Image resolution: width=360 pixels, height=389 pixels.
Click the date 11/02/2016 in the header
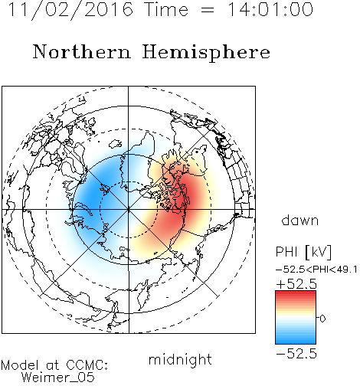(70, 10)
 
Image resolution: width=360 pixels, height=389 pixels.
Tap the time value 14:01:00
(270, 9)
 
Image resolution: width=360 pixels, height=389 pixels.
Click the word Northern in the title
(82, 51)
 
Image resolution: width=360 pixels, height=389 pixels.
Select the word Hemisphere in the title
(206, 53)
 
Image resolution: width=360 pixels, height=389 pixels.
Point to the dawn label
(300, 220)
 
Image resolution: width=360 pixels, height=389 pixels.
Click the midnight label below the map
(180, 360)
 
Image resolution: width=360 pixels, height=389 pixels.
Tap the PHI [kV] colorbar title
(303, 253)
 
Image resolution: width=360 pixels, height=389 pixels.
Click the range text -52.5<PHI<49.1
(316, 270)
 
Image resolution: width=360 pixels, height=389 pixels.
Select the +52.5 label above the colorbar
(296, 284)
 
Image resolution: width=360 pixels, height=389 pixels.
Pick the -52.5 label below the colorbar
(296, 354)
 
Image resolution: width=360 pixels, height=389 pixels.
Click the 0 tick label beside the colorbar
(322, 319)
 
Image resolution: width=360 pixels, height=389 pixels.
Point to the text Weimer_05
(58, 378)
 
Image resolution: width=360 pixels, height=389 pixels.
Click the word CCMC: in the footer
(87, 365)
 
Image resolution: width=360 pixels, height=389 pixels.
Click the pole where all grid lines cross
(129, 209)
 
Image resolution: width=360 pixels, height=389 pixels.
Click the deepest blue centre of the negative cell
(95, 194)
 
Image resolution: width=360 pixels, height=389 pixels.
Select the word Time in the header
(166, 9)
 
